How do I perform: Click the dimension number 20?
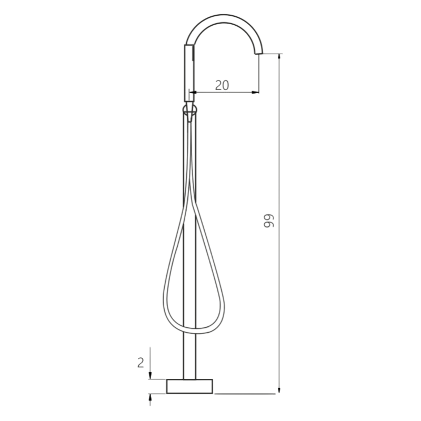(222, 85)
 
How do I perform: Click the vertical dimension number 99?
(269, 220)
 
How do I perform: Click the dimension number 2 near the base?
(141, 363)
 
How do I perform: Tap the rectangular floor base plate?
(189, 386)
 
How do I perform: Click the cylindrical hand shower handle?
(189, 73)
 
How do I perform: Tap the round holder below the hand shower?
(189, 109)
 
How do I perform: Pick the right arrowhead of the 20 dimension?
(255, 93)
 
